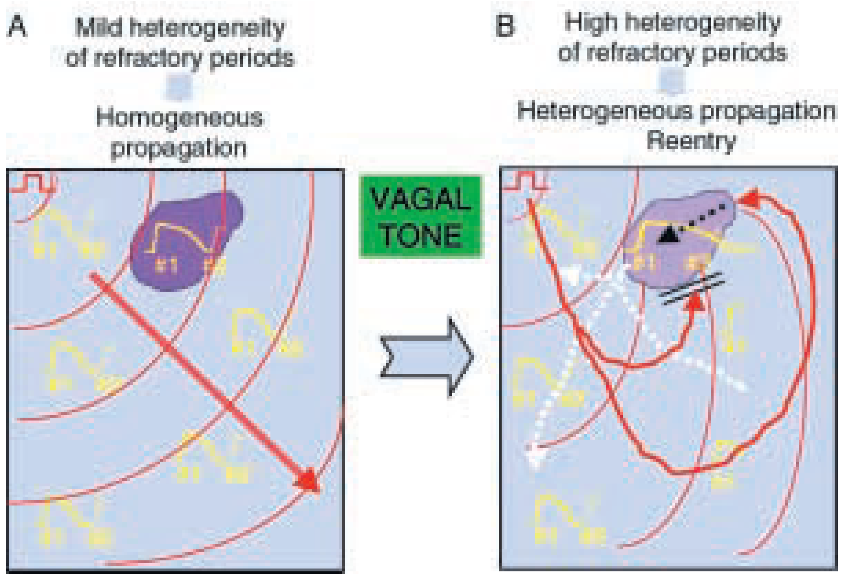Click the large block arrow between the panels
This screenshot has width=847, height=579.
pyautogui.click(x=426, y=357)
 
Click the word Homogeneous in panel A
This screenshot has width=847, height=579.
pyautogui.click(x=179, y=118)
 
